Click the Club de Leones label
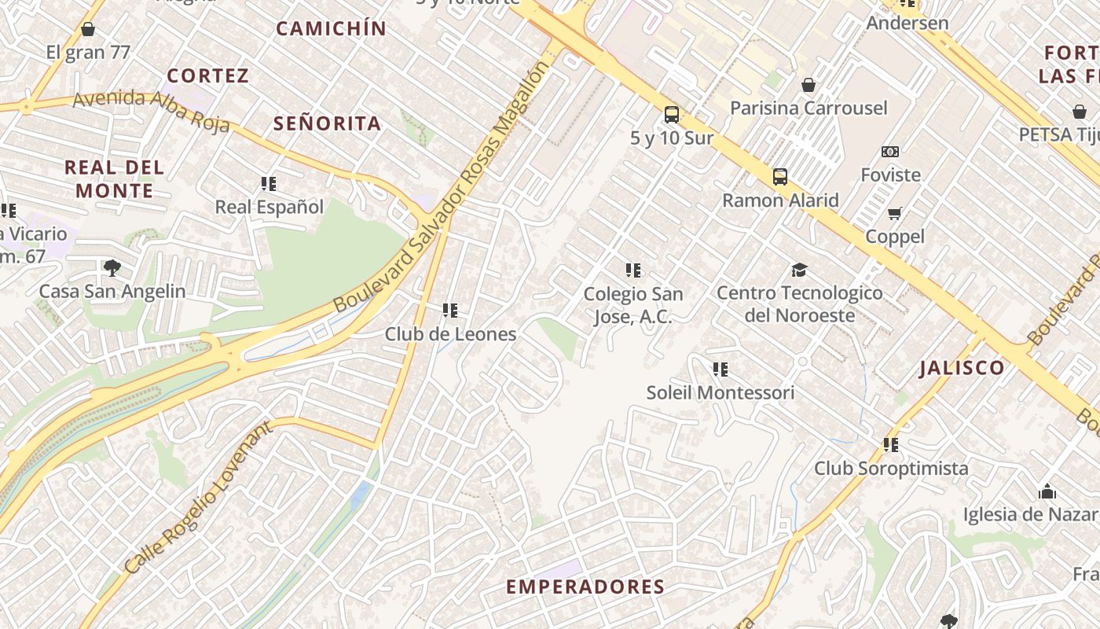450,333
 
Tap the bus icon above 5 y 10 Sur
672,115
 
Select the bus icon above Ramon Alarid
779,177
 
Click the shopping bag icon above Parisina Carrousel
808,85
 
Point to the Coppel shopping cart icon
894,213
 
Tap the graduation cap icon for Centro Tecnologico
799,270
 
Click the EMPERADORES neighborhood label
585,587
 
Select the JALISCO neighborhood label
962,368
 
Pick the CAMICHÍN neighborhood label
331,29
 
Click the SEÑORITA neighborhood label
327,123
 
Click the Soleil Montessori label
720,392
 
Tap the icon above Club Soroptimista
890,445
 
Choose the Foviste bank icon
890,152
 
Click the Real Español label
269,207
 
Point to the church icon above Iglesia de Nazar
1047,492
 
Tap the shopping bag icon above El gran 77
88,30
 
